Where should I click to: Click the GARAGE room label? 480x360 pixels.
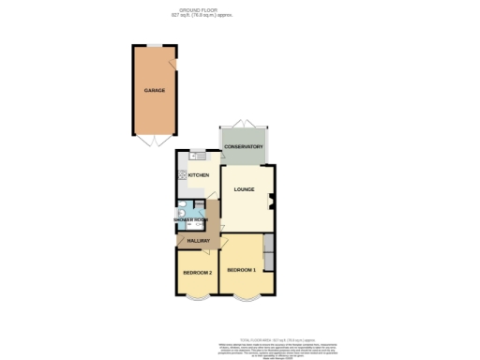[x=155, y=91]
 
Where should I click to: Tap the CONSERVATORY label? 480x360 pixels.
[x=243, y=147]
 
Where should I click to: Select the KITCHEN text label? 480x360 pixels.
[x=198, y=175]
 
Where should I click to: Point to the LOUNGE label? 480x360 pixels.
[x=246, y=189]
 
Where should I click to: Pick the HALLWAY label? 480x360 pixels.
[x=198, y=242]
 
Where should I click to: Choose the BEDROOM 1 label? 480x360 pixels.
[x=241, y=270]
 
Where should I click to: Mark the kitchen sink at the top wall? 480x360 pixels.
[x=198, y=155]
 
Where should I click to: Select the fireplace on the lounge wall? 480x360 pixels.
[x=272, y=199]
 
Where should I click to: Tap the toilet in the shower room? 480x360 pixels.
[x=180, y=213]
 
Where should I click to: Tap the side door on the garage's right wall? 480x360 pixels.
[x=172, y=63]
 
